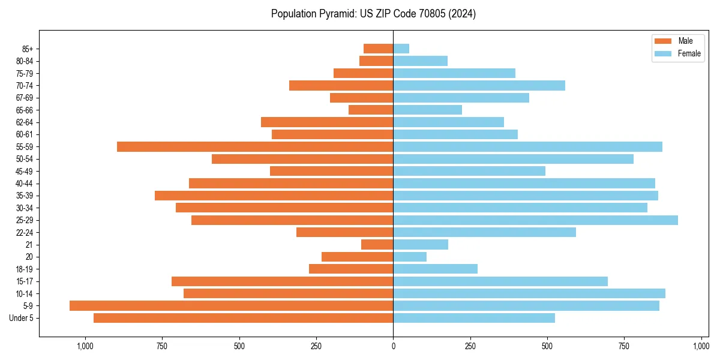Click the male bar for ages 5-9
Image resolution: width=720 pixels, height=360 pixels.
[x=231, y=306]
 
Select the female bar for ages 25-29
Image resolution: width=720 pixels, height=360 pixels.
[x=535, y=220]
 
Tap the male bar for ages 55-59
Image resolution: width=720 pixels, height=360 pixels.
[x=255, y=147]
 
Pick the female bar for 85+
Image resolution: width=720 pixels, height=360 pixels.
[x=401, y=49]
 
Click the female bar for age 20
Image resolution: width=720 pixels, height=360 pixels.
[x=410, y=257]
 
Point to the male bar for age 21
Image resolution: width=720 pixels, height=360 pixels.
[x=377, y=245]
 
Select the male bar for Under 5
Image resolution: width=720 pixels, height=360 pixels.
[x=243, y=318]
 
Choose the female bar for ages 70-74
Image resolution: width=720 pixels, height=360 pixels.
[x=479, y=86]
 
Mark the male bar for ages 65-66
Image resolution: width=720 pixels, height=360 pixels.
[x=371, y=110]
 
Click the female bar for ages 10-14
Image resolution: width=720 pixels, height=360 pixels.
[x=529, y=293]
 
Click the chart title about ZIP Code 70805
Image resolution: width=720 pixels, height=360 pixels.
[x=373, y=14]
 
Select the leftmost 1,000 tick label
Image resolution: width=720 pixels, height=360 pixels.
[x=85, y=346]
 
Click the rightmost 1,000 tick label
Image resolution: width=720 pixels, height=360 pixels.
[x=701, y=346]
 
